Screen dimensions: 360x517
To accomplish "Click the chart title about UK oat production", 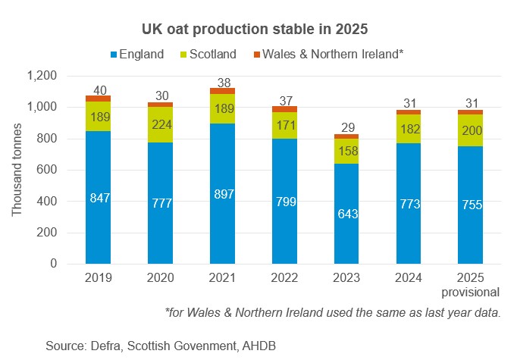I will point(258,30).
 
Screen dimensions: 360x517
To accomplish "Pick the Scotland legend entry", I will point(209,54).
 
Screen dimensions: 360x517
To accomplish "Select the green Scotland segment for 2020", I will point(161,124).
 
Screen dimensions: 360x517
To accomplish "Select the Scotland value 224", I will point(161,125).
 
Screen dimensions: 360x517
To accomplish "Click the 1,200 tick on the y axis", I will point(42,77).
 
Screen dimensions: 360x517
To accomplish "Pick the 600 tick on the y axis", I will point(48,171).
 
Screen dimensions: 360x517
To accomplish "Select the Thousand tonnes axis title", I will point(17,170).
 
